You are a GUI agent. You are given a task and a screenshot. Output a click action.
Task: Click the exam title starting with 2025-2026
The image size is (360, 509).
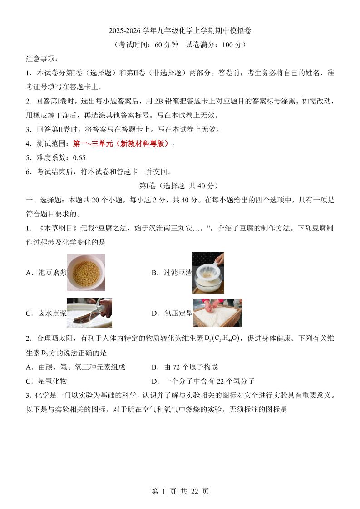coord(180,30)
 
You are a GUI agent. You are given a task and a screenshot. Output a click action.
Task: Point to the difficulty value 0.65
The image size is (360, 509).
coord(79,158)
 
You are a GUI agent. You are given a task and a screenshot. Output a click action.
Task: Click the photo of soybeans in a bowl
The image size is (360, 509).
coord(86,273)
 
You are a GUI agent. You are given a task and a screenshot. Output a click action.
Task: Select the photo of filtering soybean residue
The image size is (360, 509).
coord(208,273)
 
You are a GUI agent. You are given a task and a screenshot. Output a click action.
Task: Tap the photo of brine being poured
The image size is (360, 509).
coord(89,313)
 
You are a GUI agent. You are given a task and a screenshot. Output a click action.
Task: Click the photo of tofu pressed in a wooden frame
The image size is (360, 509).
coord(217,313)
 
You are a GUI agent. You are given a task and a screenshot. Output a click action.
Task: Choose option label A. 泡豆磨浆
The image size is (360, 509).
coord(46,273)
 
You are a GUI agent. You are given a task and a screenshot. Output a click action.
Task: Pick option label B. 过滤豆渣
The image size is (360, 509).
coord(172,273)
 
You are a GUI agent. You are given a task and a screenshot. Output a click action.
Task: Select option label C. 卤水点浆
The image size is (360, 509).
coord(46,313)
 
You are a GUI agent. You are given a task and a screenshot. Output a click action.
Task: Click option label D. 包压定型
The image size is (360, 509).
coord(172,313)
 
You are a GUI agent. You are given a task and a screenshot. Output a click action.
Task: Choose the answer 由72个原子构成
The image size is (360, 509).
coord(185,367)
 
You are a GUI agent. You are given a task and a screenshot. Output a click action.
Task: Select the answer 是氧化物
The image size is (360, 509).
coord(46,381)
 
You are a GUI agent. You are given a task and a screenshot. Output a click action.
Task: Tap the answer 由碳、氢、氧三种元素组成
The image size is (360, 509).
coord(75,367)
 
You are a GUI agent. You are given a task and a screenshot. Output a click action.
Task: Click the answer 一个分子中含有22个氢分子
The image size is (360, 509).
coord(203,381)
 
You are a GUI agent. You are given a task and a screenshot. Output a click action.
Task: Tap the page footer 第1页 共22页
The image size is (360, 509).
coord(180,491)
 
